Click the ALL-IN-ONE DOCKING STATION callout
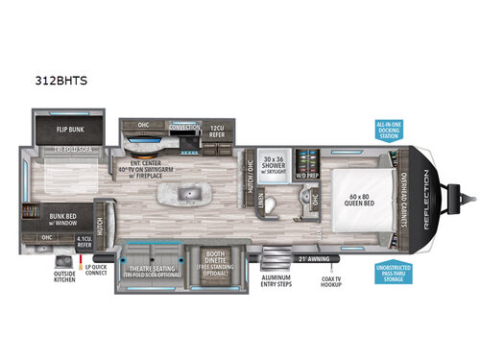coord(389,131)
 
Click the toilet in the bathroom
coord(272,206)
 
